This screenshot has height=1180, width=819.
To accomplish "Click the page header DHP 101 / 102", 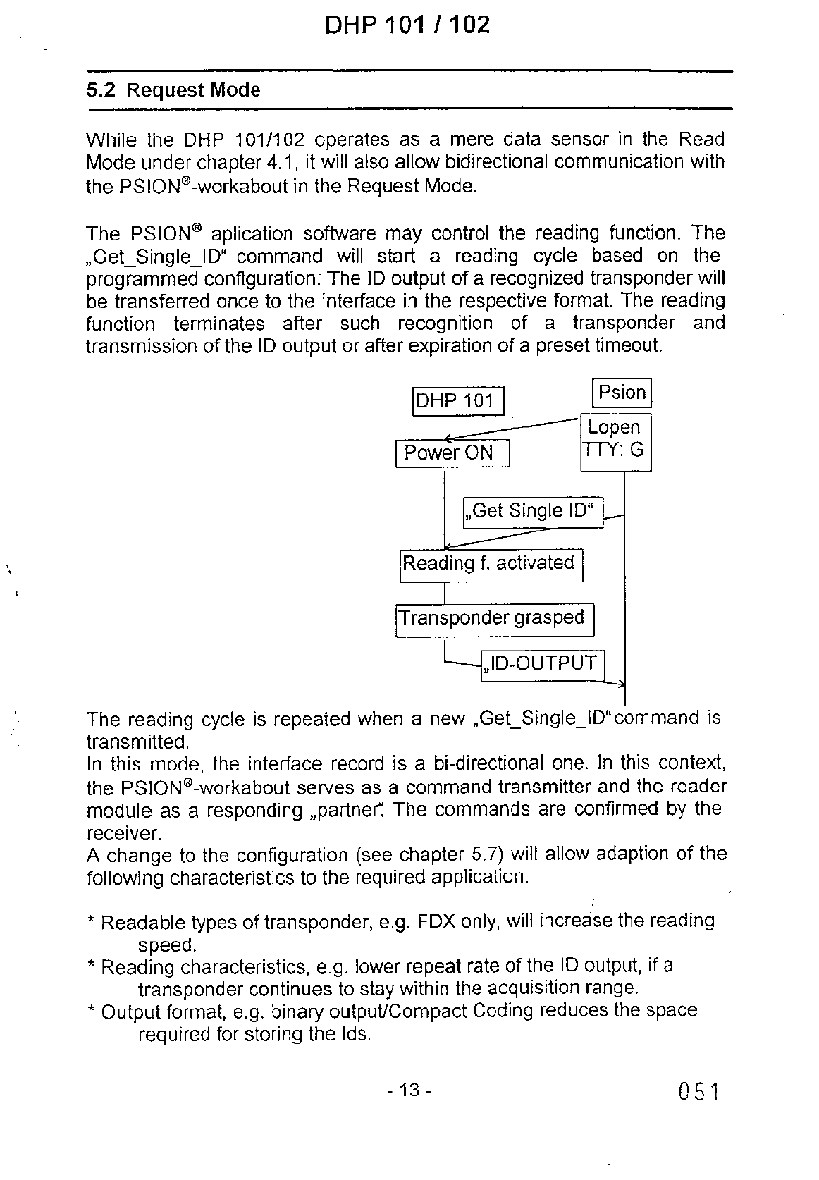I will [x=407, y=25].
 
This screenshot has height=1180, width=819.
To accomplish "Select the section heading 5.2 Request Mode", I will [x=173, y=90].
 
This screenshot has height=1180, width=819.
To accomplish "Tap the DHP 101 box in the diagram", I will [x=457, y=401].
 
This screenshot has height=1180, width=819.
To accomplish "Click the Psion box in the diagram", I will [x=621, y=393].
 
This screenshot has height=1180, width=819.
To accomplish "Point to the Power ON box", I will [x=451, y=453].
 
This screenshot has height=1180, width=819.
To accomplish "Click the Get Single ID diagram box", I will [x=534, y=511].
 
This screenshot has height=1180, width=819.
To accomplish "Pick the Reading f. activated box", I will [x=491, y=564].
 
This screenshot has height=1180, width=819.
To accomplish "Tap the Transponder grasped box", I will [x=494, y=619].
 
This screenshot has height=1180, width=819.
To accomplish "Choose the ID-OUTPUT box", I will [x=541, y=664].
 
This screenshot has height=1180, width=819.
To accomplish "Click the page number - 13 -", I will [x=409, y=1090].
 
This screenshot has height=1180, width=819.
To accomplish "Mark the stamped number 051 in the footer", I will [x=698, y=1093].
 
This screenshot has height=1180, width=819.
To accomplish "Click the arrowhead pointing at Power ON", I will [x=449, y=439].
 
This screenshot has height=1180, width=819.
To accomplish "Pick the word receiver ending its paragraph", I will [x=123, y=834].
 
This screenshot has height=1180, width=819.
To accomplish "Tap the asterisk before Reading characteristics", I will [x=91, y=966].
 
